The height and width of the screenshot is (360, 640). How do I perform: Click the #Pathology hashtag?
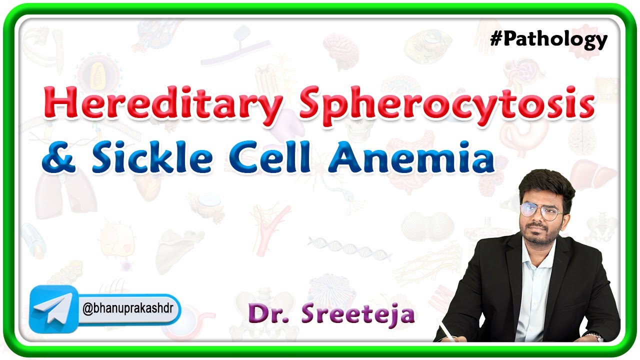(x=548, y=39)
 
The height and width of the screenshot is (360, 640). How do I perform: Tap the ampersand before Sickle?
(x=56, y=156)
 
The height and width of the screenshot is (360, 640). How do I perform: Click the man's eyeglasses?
(x=541, y=210)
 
